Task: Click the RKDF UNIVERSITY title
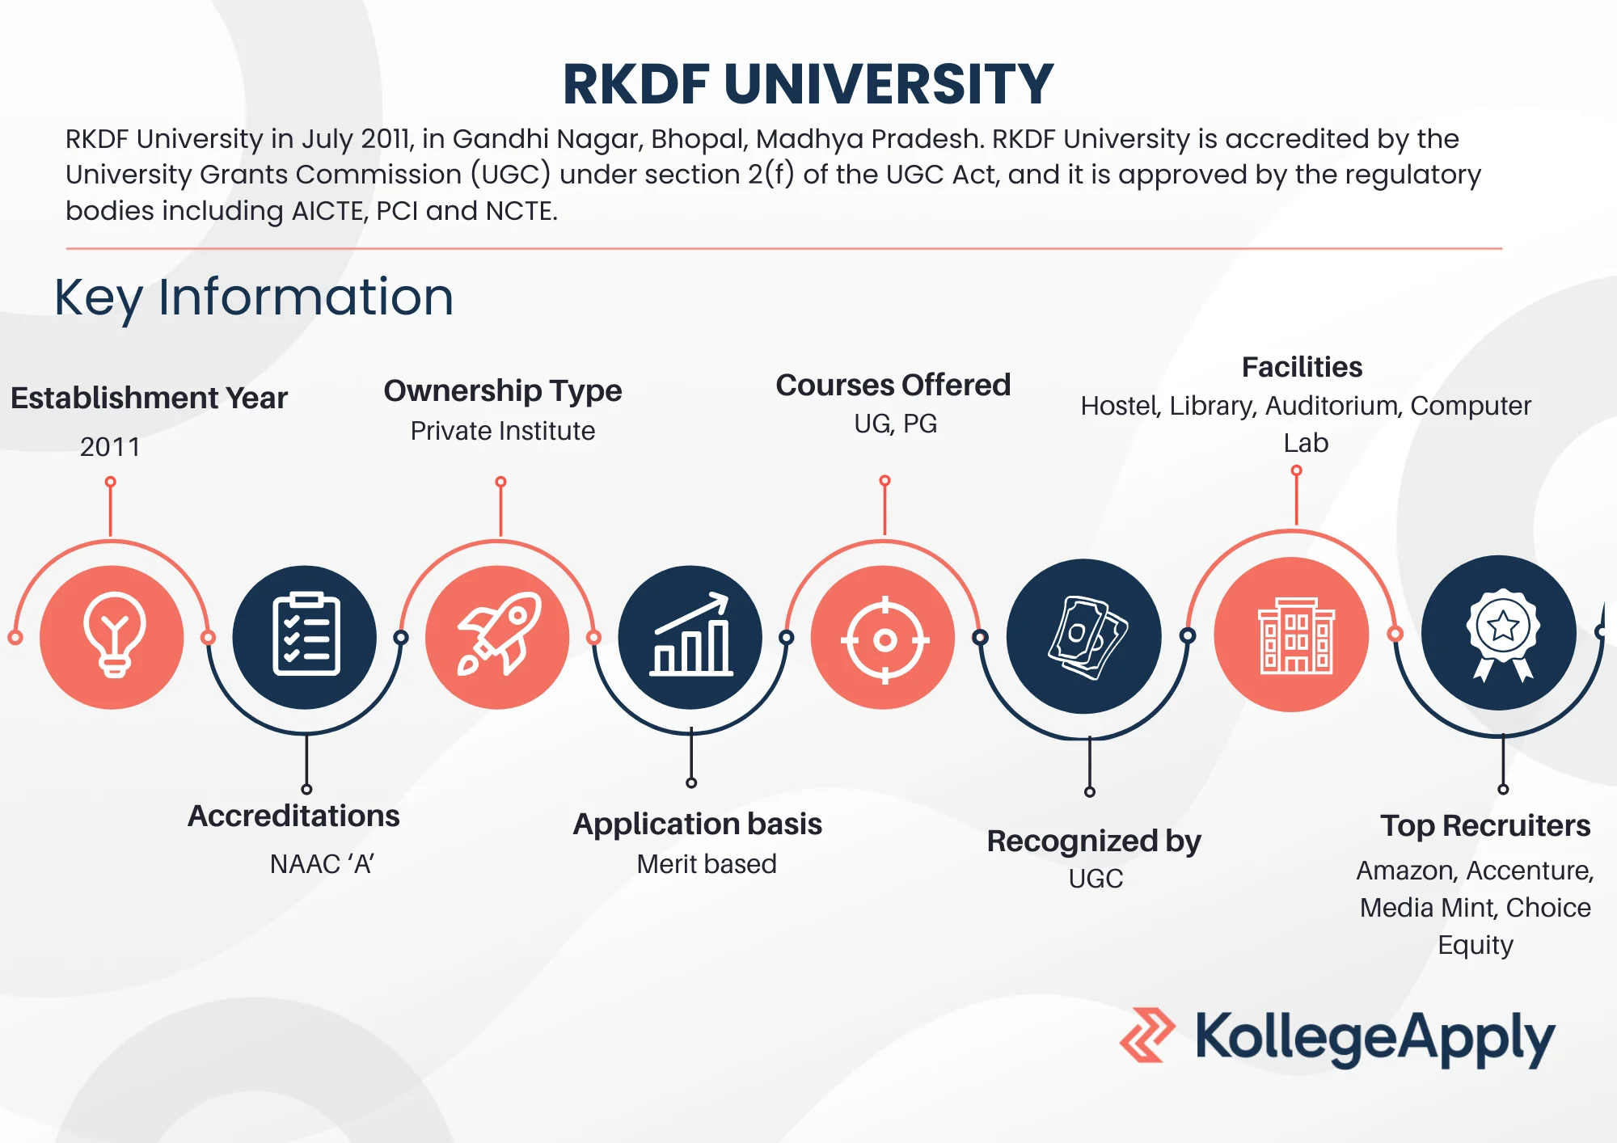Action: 808,84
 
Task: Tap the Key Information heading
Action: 254,297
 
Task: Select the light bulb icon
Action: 114,635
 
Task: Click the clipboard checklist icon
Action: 306,635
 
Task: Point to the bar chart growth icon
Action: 691,635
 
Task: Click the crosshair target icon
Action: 884,640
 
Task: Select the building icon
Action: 1296,636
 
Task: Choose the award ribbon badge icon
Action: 1503,635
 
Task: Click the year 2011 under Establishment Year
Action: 110,447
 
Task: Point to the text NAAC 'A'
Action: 322,864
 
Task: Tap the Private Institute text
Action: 503,431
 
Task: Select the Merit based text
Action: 707,864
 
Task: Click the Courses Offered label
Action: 893,385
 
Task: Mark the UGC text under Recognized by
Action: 1096,879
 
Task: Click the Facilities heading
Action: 1302,367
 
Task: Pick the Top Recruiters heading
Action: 1485,825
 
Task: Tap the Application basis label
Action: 698,825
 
